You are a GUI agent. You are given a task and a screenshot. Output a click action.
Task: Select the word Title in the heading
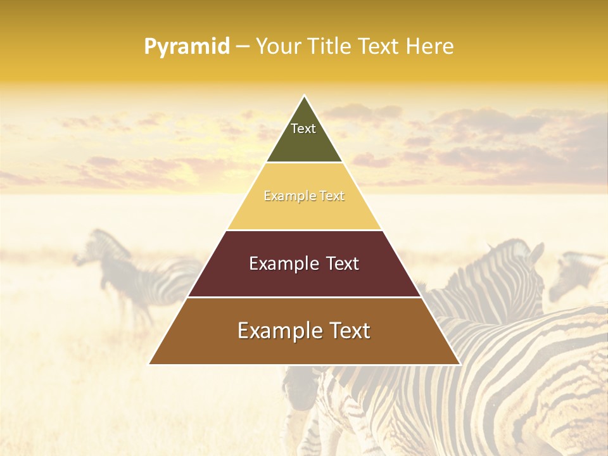pos(329,47)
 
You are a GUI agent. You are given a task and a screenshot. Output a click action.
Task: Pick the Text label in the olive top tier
pos(303,129)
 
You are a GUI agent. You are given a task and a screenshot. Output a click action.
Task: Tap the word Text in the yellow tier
pos(332,196)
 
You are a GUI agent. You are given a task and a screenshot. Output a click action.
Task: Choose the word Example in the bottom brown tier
pos(277,331)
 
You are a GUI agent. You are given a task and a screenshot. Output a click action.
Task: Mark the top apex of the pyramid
pos(304,96)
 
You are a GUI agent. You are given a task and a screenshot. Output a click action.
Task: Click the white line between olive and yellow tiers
pos(304,163)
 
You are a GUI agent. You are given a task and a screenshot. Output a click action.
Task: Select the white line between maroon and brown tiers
pos(304,297)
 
